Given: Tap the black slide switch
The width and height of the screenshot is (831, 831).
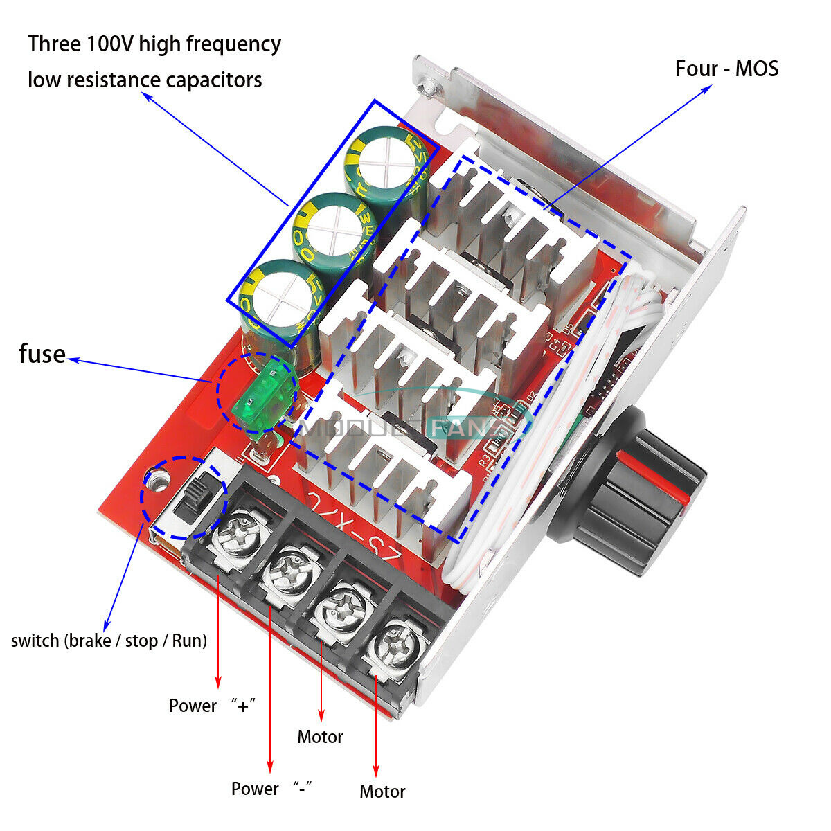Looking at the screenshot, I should point(195,499).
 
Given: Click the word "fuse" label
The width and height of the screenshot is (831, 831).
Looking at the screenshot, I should point(42,354).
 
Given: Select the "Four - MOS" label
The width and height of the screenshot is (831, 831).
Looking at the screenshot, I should point(726,69).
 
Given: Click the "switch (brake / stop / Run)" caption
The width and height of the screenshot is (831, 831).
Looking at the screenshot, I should point(109,641).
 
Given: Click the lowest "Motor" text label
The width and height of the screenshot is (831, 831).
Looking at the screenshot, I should point(382,792).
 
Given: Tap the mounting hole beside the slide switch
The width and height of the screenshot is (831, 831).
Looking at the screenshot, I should point(157,478).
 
